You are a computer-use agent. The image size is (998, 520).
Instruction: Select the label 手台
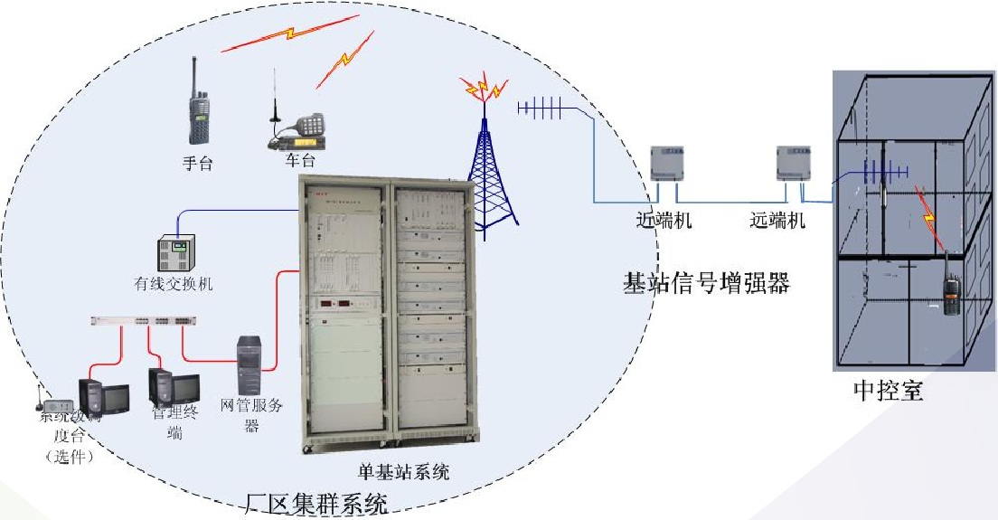(x=197, y=163)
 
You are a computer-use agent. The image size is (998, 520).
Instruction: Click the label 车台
(x=300, y=161)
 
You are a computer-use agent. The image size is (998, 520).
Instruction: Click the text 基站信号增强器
(x=707, y=283)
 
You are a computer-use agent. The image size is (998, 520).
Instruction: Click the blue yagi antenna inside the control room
(x=880, y=171)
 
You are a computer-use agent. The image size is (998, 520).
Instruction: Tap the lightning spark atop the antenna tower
(x=484, y=88)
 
